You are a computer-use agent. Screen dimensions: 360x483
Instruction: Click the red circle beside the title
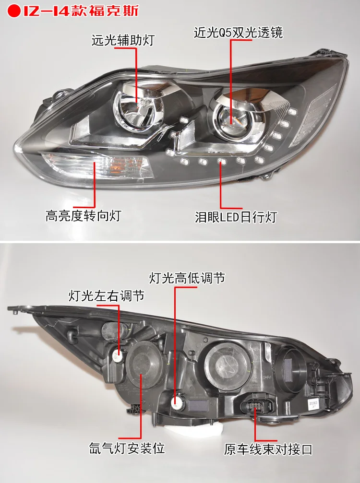point(13,11)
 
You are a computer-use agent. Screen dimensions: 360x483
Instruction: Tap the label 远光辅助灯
point(123,41)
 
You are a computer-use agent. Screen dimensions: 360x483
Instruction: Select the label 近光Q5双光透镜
point(238,33)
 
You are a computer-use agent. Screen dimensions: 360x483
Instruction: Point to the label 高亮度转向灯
point(83,216)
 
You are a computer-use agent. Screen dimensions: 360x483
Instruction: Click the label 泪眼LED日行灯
point(236,217)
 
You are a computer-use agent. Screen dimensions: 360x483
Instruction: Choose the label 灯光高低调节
point(187,278)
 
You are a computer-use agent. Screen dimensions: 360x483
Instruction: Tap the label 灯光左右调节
point(107,296)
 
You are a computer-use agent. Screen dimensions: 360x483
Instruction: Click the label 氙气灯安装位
point(127,448)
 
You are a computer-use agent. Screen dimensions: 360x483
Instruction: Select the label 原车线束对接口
point(268,449)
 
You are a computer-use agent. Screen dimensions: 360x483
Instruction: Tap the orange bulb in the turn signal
point(119,164)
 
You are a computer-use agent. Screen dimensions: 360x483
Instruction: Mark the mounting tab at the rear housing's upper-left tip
point(14,309)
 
